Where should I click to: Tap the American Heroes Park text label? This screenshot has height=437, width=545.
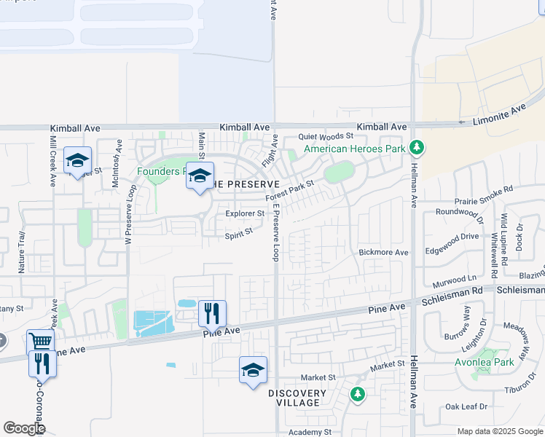click(354, 149)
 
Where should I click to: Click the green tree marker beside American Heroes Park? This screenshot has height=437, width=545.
click(416, 149)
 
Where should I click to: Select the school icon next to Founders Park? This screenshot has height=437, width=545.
click(199, 175)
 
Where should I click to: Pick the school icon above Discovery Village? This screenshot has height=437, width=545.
click(253, 370)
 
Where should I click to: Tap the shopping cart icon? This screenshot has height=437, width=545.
click(40, 342)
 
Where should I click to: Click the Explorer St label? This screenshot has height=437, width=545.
click(244, 213)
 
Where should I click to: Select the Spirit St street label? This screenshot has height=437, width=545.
click(238, 233)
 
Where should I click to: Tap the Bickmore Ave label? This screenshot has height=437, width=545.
click(383, 252)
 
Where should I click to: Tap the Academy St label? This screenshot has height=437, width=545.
click(310, 432)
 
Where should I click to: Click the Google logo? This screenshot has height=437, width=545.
click(24, 428)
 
